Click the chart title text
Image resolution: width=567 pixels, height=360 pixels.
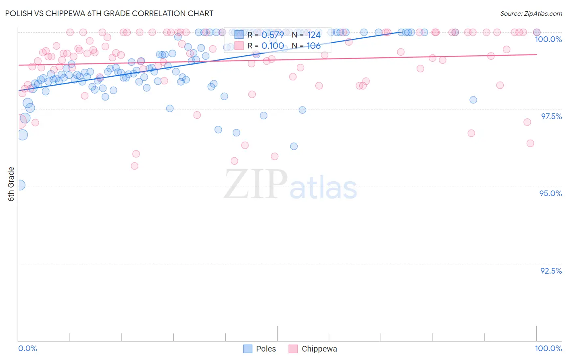109,13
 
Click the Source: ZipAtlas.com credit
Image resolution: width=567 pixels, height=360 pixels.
531,14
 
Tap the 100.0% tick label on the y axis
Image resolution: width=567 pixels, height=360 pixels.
548,39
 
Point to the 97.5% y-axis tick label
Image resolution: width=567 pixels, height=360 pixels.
551,116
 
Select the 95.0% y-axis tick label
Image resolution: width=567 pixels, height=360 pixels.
550,193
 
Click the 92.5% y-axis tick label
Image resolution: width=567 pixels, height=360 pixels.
551,271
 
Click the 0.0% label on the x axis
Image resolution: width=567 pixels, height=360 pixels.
27,348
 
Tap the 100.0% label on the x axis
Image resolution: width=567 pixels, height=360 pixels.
548,348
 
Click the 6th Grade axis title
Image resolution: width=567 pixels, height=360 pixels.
11,184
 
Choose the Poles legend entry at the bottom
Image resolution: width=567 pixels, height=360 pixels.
260,349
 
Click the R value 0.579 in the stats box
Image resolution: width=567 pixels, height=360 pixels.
273,35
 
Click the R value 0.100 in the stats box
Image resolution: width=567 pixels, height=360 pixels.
273,46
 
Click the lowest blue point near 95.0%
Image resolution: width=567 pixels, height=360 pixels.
20,185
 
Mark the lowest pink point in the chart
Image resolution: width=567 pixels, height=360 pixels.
135,166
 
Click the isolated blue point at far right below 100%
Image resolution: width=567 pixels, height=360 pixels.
473,100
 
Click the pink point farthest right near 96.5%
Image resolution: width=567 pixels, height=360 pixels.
530,143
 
